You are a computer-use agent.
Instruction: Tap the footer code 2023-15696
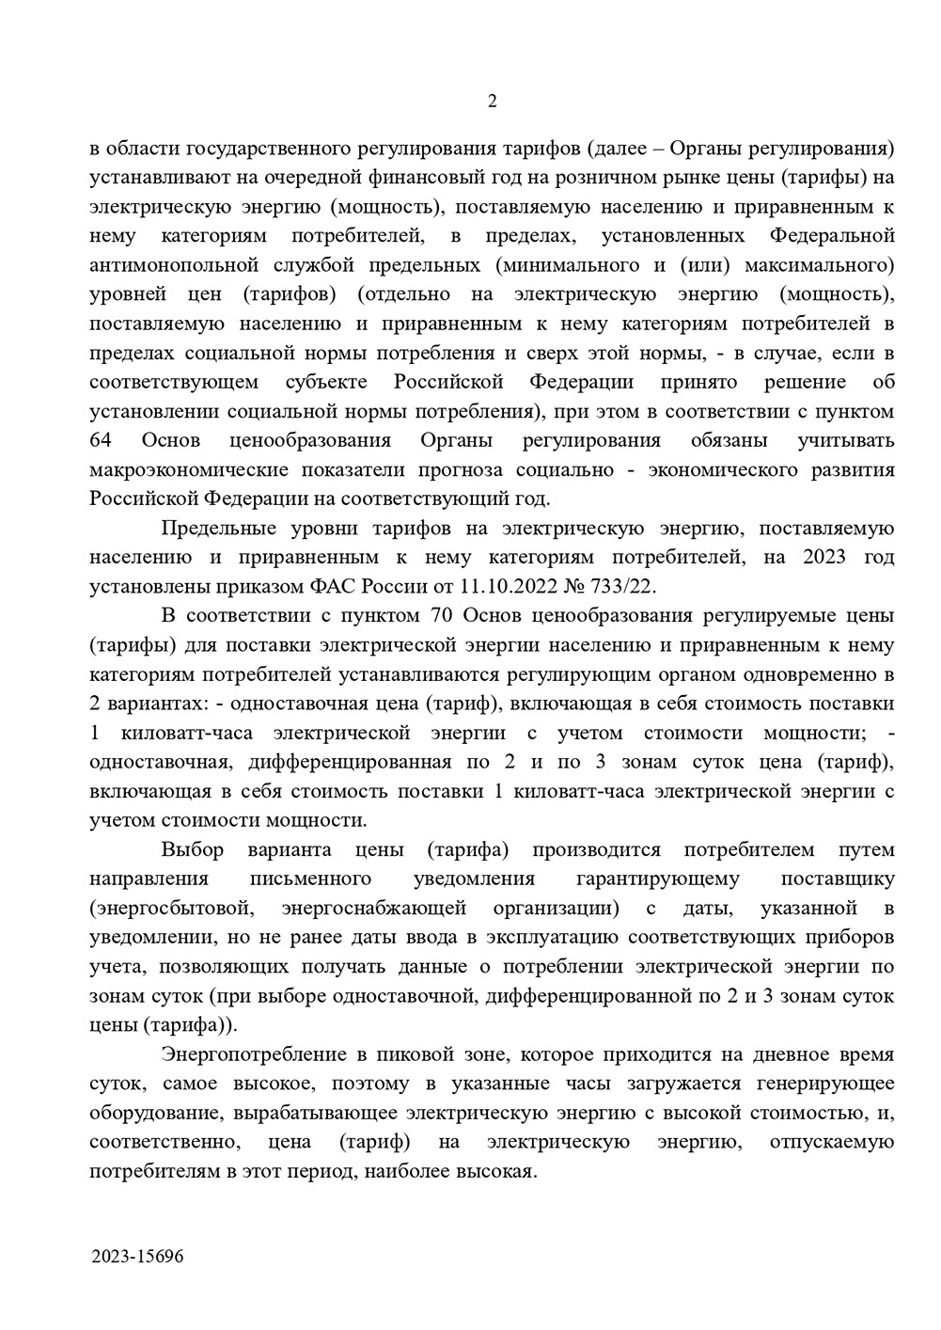(x=138, y=1257)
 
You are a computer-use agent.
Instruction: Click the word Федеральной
(x=832, y=235)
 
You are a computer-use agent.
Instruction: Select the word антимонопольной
(x=175, y=264)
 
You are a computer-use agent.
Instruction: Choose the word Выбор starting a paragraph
(x=193, y=850)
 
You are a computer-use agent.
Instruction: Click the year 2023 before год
(x=824, y=557)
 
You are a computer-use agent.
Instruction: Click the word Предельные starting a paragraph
(x=217, y=528)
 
